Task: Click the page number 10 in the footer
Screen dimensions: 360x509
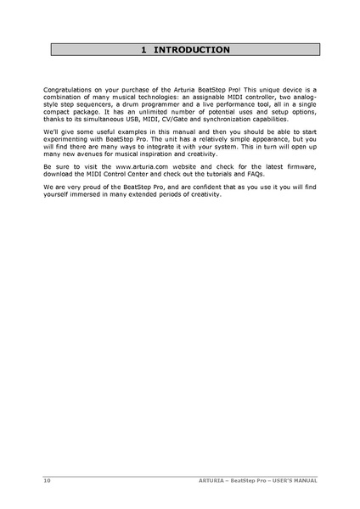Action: [x=48, y=480]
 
